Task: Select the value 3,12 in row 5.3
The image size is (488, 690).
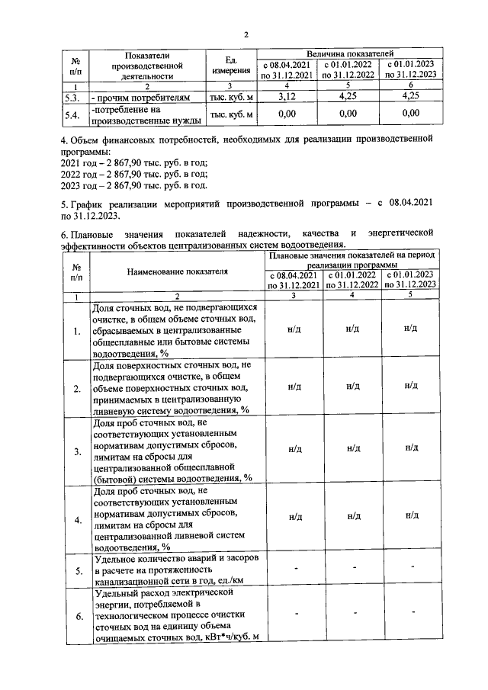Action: click(x=287, y=98)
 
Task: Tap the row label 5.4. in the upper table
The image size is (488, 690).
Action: click(x=72, y=114)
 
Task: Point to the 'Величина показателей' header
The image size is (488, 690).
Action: click(x=349, y=53)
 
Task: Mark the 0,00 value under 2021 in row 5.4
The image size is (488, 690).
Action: click(x=287, y=114)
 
